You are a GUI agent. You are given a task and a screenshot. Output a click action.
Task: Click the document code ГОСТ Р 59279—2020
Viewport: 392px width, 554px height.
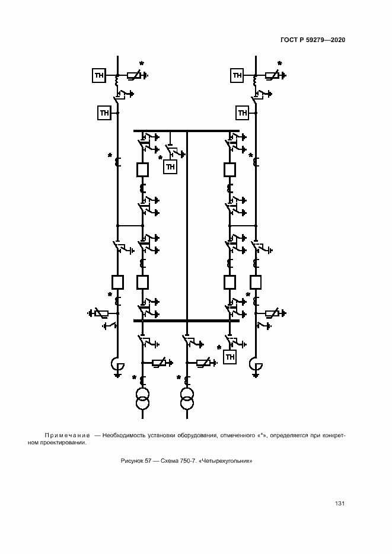pyautogui.click(x=313, y=40)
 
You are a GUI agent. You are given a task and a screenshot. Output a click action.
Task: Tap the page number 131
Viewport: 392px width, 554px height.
pyautogui.click(x=340, y=504)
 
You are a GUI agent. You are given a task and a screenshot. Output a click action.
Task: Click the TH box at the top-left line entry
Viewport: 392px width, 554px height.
pyautogui.click(x=99, y=75)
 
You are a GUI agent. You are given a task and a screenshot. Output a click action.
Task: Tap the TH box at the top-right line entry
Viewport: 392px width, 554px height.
pyautogui.click(x=237, y=75)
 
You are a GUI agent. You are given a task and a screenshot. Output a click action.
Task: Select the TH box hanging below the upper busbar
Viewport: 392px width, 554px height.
pyautogui.click(x=170, y=167)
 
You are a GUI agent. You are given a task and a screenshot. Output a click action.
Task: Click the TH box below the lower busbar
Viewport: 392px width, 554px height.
pyautogui.click(x=230, y=357)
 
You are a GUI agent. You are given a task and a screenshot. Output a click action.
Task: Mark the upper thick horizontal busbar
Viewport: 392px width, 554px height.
pyautogui.click(x=186, y=131)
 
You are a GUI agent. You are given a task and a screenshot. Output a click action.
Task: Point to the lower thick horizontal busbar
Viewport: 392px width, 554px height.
pyautogui.click(x=186, y=321)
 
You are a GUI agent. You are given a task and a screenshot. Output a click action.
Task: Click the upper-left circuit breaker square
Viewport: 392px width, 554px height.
pyautogui.click(x=142, y=170)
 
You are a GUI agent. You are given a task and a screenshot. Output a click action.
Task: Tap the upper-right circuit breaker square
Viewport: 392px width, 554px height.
pyautogui.click(x=230, y=170)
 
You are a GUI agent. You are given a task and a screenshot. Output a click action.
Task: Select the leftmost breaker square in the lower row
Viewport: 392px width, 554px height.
pyautogui.click(x=117, y=281)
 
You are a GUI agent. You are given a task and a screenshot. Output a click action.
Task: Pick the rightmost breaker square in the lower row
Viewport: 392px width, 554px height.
pyautogui.click(x=256, y=281)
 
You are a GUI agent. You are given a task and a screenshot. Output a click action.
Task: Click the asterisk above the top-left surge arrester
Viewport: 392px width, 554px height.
pyautogui.click(x=141, y=63)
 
